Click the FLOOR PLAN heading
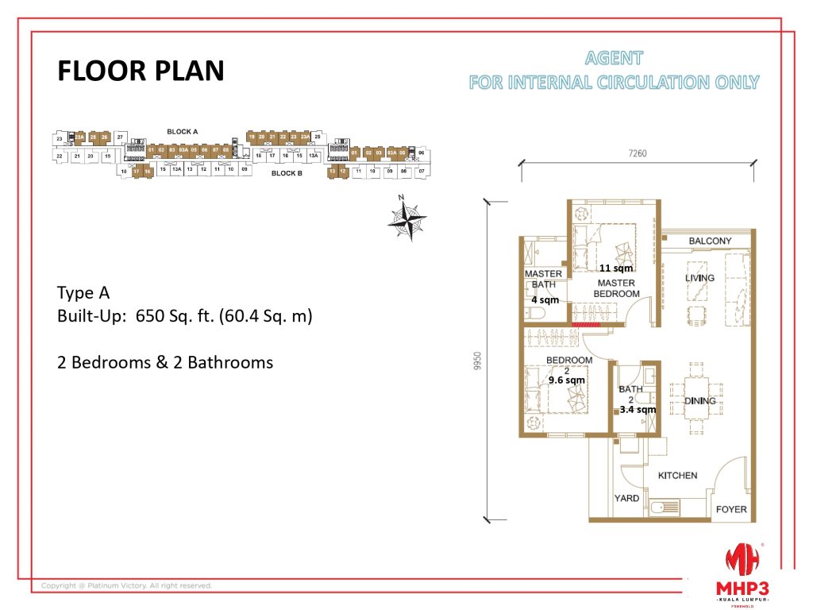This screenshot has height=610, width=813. tap(141, 71)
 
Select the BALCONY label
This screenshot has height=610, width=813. tap(710, 240)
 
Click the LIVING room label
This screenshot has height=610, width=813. tap(699, 278)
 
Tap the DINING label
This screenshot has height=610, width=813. tap(699, 400)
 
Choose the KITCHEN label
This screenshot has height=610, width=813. tap(677, 475)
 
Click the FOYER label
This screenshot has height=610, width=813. tap(730, 509)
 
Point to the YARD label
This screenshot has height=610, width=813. tap(626, 499)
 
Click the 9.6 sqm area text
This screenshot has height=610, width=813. tap(566, 380)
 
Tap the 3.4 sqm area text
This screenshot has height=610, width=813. tap(638, 410)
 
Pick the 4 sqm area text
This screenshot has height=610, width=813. tap(545, 300)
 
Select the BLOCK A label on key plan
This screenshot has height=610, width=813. tap(182, 131)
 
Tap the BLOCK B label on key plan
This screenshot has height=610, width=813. tap(287, 173)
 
